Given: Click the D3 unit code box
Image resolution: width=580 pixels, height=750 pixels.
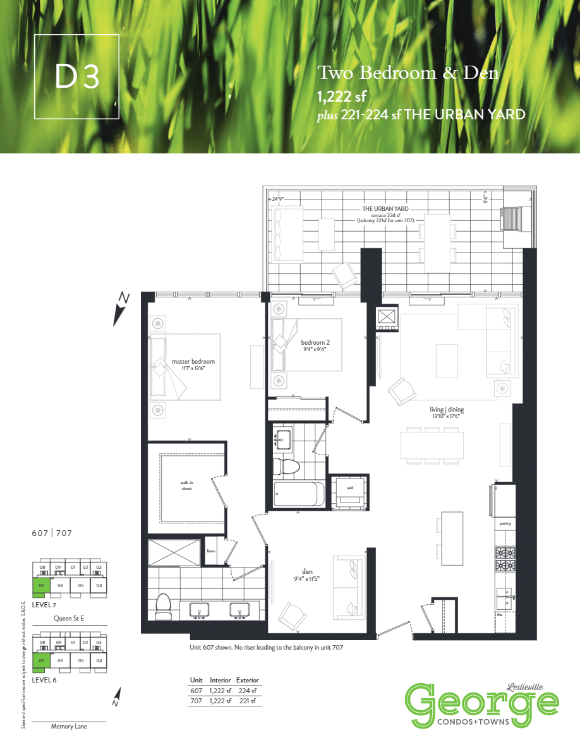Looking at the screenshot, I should (x=76, y=76).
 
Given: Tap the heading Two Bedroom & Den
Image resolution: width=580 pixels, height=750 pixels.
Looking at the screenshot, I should (x=408, y=73).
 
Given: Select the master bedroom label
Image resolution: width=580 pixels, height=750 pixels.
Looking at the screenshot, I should (x=193, y=362).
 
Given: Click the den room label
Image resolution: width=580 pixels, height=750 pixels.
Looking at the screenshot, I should (x=307, y=572).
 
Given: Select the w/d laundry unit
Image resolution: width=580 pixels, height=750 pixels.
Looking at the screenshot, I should (x=349, y=488).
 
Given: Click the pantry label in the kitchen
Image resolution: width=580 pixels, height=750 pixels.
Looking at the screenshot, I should (x=505, y=523).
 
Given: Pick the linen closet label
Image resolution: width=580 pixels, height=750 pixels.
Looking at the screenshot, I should (x=211, y=550).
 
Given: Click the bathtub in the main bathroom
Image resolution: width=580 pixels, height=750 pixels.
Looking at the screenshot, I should (x=299, y=494).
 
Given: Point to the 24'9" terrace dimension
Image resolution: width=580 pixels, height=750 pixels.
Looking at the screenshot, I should (x=278, y=198).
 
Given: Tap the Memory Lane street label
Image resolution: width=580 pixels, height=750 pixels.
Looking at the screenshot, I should (x=69, y=727).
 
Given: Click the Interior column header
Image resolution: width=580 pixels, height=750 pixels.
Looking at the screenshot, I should (x=220, y=681).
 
